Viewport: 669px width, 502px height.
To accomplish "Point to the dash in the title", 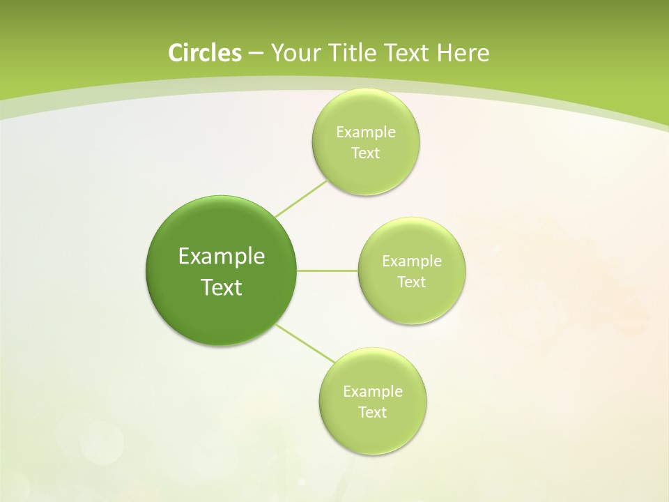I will pos(255,54).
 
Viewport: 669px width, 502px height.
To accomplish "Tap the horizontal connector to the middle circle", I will pos(327,271).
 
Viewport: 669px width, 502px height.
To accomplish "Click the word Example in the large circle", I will pos(222,257).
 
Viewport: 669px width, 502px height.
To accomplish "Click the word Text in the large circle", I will pos(222,287).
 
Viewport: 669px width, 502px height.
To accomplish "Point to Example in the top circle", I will pos(365,132).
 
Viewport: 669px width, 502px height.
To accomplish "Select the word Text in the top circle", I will pos(365,153).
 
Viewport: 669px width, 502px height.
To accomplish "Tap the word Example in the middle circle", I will pos(412,261).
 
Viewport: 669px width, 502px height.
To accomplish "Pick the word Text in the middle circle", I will pos(412,282).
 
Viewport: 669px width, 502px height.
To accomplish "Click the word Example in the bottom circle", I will pos(373,392).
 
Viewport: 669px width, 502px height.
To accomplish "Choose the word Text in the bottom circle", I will pos(373,413).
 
